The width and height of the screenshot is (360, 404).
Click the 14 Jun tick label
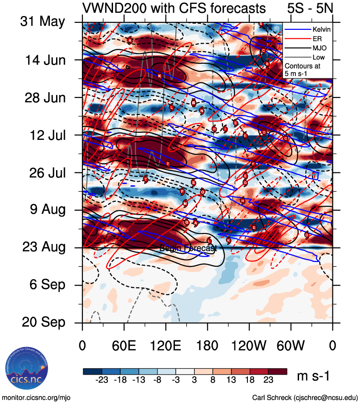click(x=42, y=60)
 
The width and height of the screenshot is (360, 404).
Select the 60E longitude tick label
click(x=124, y=345)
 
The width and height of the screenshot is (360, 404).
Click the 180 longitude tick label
click(x=207, y=345)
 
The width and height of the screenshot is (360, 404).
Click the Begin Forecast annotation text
click(x=188, y=249)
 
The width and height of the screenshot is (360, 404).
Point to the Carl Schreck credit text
click(x=305, y=397)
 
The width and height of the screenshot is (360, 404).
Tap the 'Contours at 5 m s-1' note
click(x=303, y=69)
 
